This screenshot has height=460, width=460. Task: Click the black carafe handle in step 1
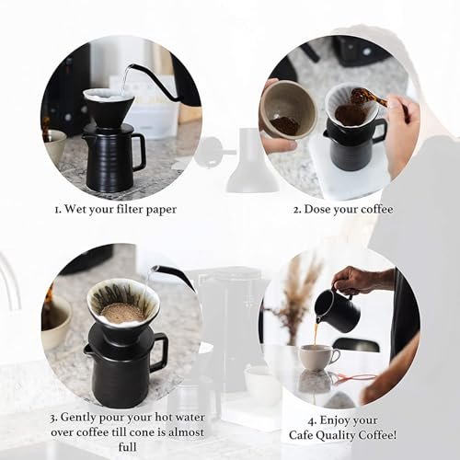coord(138,152)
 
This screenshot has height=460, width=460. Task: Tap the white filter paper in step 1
coord(109,97)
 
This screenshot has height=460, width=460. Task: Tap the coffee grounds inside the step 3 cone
coord(121,312)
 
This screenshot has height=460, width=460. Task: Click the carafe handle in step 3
coord(158,353)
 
